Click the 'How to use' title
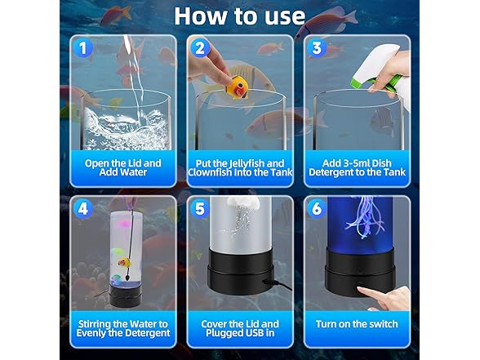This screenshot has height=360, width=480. tap(239, 15)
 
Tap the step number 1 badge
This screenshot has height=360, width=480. tap(82, 48)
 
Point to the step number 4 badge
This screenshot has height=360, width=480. tap(82, 208)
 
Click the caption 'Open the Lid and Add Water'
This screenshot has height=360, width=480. tap(123, 167)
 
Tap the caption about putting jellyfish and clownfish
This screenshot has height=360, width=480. tap(239, 167)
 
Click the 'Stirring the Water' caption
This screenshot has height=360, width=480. tap(123, 327)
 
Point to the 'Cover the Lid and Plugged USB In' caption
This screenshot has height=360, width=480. tap(239, 327)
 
